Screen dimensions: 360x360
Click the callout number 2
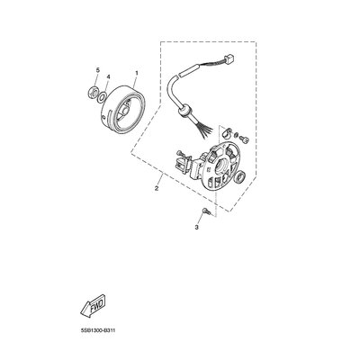pos(157,188)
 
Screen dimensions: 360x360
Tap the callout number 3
pos(197,228)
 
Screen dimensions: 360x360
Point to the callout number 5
pos(97,70)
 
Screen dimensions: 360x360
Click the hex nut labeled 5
pos(93,92)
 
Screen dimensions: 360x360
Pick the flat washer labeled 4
pos(103,96)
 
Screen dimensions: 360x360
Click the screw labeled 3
pos(206,211)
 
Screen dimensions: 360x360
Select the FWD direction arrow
pos(93,304)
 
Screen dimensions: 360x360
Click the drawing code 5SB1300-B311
pos(97,330)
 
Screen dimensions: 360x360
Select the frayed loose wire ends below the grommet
pos(205,128)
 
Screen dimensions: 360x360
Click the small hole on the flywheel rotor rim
pos(104,117)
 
